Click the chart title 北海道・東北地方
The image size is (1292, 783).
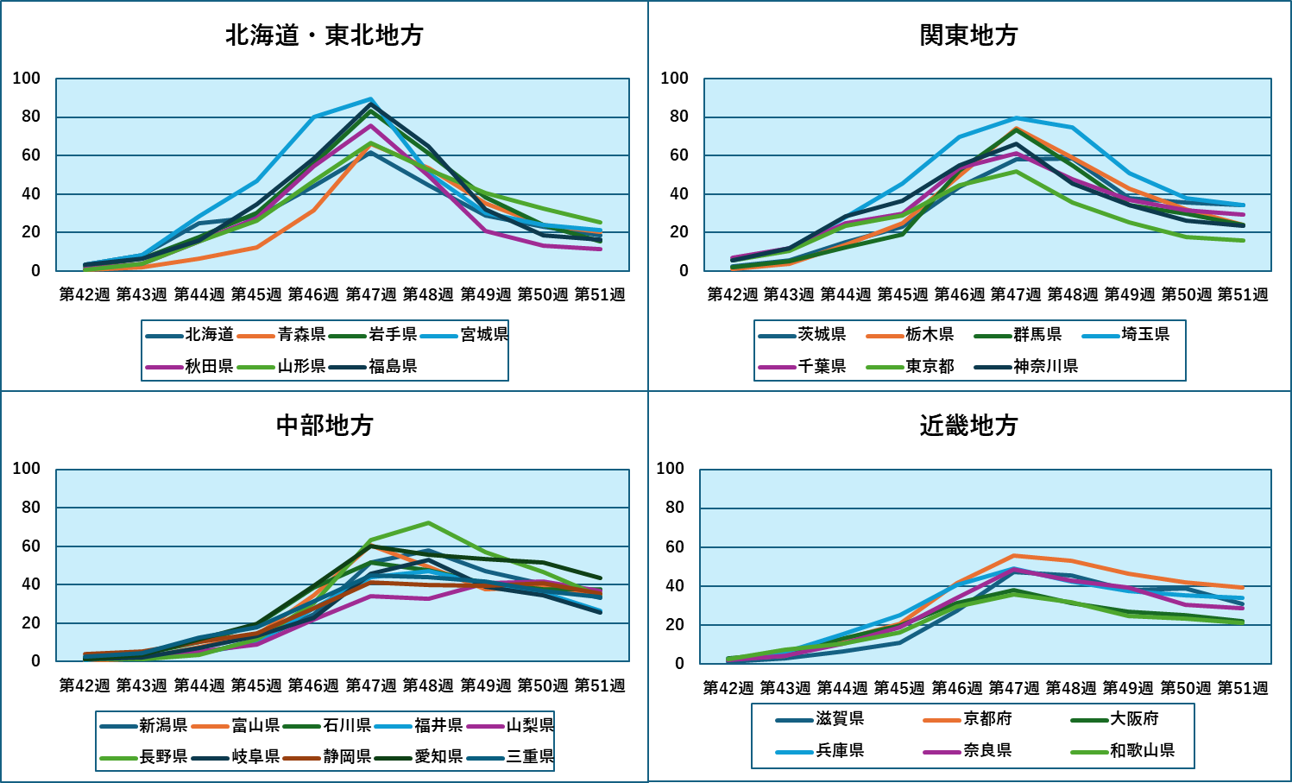(325, 35)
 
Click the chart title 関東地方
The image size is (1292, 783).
(968, 35)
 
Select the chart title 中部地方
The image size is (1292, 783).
(325, 426)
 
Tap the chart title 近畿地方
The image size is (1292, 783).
(968, 426)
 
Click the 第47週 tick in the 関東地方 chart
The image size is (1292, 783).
(1016, 295)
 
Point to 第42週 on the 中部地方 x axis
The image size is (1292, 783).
(85, 685)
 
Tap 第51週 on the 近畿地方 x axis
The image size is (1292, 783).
(1243, 688)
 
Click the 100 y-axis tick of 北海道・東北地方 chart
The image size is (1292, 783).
(27, 79)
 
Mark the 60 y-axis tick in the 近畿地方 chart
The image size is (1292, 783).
(675, 547)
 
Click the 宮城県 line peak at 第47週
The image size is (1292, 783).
(371, 99)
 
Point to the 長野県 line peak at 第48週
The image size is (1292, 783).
(428, 523)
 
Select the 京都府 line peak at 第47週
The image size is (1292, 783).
(1015, 556)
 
